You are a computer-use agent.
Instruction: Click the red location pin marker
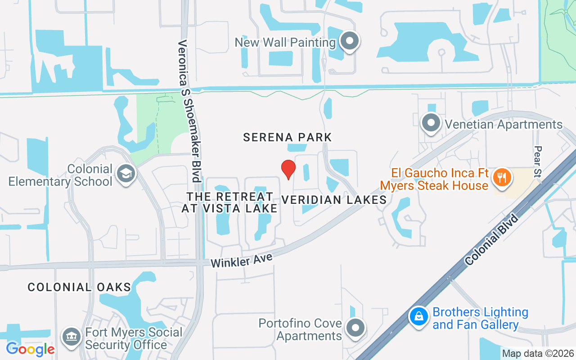pyautogui.click(x=288, y=169)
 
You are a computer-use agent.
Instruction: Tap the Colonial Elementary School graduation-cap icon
pyautogui.click(x=126, y=174)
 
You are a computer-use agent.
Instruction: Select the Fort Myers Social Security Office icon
pyautogui.click(x=71, y=337)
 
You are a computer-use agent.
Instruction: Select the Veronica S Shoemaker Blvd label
pyautogui.click(x=189, y=111)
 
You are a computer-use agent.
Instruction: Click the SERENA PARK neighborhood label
pyautogui.click(x=287, y=137)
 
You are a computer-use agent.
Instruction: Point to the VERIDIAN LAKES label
pyautogui.click(x=334, y=199)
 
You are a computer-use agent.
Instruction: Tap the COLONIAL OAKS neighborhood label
pyautogui.click(x=79, y=287)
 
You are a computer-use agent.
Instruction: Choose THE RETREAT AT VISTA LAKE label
pyautogui.click(x=229, y=202)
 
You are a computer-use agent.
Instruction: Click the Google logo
pyautogui.click(x=30, y=349)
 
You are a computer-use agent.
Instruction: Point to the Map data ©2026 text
pyautogui.click(x=538, y=354)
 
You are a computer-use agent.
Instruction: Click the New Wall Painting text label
pyautogui.click(x=285, y=43)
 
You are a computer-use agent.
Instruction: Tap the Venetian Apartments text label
pyautogui.click(x=504, y=124)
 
